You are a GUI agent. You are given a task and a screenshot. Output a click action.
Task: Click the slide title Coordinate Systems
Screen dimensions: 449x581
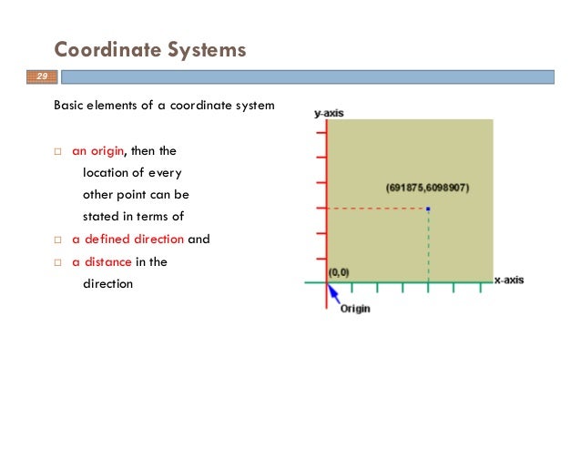click(x=149, y=49)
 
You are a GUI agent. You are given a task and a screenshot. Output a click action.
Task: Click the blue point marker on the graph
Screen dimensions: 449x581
click(x=428, y=209)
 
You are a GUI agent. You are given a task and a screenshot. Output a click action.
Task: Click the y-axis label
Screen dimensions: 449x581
click(x=329, y=113)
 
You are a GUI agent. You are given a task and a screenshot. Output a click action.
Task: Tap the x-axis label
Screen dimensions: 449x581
click(x=509, y=280)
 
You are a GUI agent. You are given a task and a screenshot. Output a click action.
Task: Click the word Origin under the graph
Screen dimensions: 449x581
click(x=355, y=309)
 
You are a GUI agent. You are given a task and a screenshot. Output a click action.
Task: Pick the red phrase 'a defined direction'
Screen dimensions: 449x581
click(x=128, y=240)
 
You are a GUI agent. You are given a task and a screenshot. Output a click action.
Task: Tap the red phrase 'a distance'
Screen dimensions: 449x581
click(x=102, y=261)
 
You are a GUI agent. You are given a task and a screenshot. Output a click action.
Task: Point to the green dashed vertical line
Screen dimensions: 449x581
click(x=428, y=246)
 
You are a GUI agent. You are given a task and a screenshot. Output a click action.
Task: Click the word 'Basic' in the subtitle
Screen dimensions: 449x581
click(x=68, y=105)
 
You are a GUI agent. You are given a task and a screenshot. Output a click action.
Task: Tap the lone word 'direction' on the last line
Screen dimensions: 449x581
click(x=107, y=283)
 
